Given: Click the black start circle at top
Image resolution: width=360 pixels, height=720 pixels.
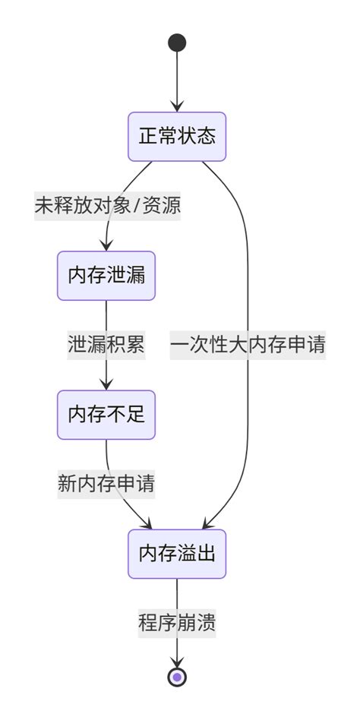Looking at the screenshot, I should (x=177, y=43).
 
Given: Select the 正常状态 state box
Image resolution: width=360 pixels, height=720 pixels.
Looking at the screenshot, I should (x=177, y=137).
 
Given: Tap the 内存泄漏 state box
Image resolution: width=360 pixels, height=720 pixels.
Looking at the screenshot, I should (x=106, y=276).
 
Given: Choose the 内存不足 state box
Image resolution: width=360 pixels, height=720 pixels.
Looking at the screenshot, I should (x=106, y=415).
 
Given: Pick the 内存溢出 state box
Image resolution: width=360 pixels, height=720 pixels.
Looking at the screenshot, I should (x=177, y=554).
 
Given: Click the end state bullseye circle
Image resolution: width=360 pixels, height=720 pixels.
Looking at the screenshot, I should (x=177, y=677).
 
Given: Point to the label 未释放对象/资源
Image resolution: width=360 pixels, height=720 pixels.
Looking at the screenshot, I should (x=107, y=206).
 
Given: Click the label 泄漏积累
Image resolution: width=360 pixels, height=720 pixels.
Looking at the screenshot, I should (x=106, y=345).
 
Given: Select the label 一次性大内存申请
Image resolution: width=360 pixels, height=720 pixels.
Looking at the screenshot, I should (x=248, y=345).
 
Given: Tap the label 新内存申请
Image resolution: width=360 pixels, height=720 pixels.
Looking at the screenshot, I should (x=106, y=484).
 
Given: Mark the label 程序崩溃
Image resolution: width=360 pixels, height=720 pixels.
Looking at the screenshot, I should (x=177, y=624).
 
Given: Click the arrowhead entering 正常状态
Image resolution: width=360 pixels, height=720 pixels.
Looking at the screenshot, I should (x=177, y=107).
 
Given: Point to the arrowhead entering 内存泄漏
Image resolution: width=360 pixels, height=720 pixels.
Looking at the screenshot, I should (x=106, y=245).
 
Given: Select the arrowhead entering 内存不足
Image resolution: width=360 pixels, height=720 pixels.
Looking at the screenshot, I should (x=106, y=385).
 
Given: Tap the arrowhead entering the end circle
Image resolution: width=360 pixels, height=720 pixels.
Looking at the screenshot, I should (x=177, y=662).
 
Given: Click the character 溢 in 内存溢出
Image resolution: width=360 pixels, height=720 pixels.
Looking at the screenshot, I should (x=187, y=554).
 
